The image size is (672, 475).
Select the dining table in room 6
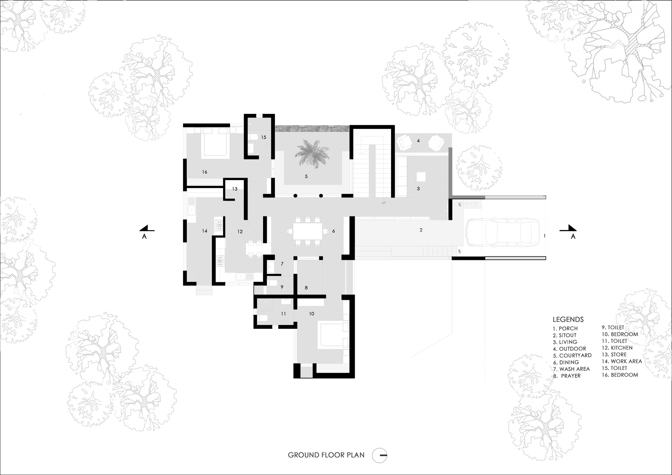click(307, 231)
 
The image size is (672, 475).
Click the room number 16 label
click(205, 172)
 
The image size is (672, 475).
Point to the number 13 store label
click(235, 189)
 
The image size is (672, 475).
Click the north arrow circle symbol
click(380, 456)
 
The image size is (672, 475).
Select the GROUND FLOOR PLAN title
click(326, 455)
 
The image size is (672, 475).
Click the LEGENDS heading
click(568, 319)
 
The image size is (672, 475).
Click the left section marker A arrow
click(147, 229)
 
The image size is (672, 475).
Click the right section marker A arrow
click(569, 229)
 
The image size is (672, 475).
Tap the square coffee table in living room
click(421, 177)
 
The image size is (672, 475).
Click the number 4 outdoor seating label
click(418, 141)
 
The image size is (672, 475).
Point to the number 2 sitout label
click(421, 230)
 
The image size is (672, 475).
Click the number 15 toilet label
click(264, 137)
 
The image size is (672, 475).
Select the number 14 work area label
click(205, 231)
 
